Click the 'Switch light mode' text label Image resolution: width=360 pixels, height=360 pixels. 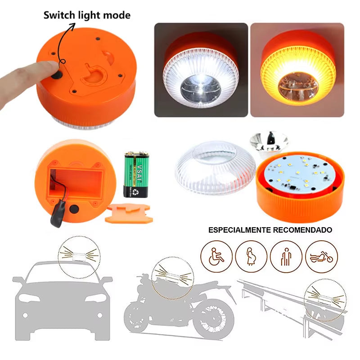pos(86,15)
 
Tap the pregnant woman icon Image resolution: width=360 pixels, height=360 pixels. pos(251,256)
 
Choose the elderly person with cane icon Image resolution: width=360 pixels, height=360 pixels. pos(286,256)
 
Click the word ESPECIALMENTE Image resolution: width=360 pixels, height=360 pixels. pos(239,230)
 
